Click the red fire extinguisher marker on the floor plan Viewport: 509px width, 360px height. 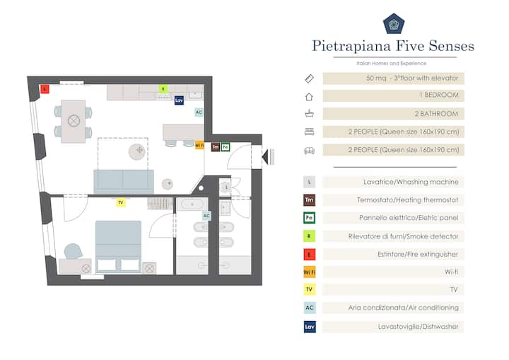[x=45, y=89]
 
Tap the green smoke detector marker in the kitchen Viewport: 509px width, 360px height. [x=163, y=88]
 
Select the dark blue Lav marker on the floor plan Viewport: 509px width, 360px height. [x=179, y=100]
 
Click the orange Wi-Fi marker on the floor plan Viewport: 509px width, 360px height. [x=199, y=145]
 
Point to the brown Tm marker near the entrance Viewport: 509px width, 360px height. [x=216, y=147]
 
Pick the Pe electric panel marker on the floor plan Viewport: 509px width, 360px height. [x=226, y=147]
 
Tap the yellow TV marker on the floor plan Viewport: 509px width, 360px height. [x=121, y=202]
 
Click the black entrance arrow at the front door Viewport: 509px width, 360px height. [x=265, y=156]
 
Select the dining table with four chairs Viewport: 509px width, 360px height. [x=74, y=121]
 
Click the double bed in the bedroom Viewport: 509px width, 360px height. [x=119, y=246]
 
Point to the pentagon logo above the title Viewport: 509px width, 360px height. [x=394, y=24]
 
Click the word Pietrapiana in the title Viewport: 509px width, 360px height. [x=351, y=46]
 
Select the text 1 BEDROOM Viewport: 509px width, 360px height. [x=439, y=95]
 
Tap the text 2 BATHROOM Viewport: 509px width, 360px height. [x=436, y=114]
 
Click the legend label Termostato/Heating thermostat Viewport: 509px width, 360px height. [x=407, y=200]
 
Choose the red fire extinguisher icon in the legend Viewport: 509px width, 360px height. [x=310, y=255]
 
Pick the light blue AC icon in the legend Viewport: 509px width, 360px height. [x=310, y=308]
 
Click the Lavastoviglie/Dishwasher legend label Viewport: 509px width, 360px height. [x=418, y=327]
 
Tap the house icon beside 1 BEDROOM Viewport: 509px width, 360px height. [x=309, y=96]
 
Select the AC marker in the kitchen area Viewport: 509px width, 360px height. [x=199, y=112]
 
